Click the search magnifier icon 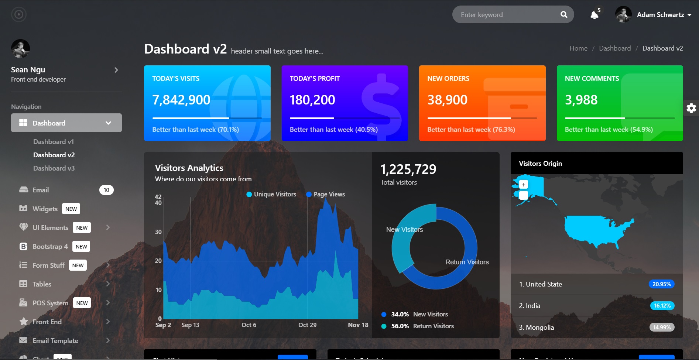[x=563, y=15]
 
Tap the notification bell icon [x=594, y=15]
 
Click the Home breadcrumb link [x=578, y=48]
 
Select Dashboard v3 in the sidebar [x=54, y=168]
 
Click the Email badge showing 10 [x=106, y=190]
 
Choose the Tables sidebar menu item [x=42, y=284]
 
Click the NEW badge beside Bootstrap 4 [x=81, y=247]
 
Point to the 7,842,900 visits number [x=181, y=100]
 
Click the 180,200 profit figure [x=312, y=100]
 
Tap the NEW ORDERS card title [x=448, y=79]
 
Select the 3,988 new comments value [x=581, y=100]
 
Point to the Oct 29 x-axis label [x=307, y=325]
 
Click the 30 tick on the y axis [x=158, y=232]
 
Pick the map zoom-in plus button [x=523, y=185]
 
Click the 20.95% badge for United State [x=661, y=284]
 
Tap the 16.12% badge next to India [x=662, y=306]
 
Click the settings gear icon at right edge [x=691, y=108]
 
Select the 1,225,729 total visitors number [x=408, y=169]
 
